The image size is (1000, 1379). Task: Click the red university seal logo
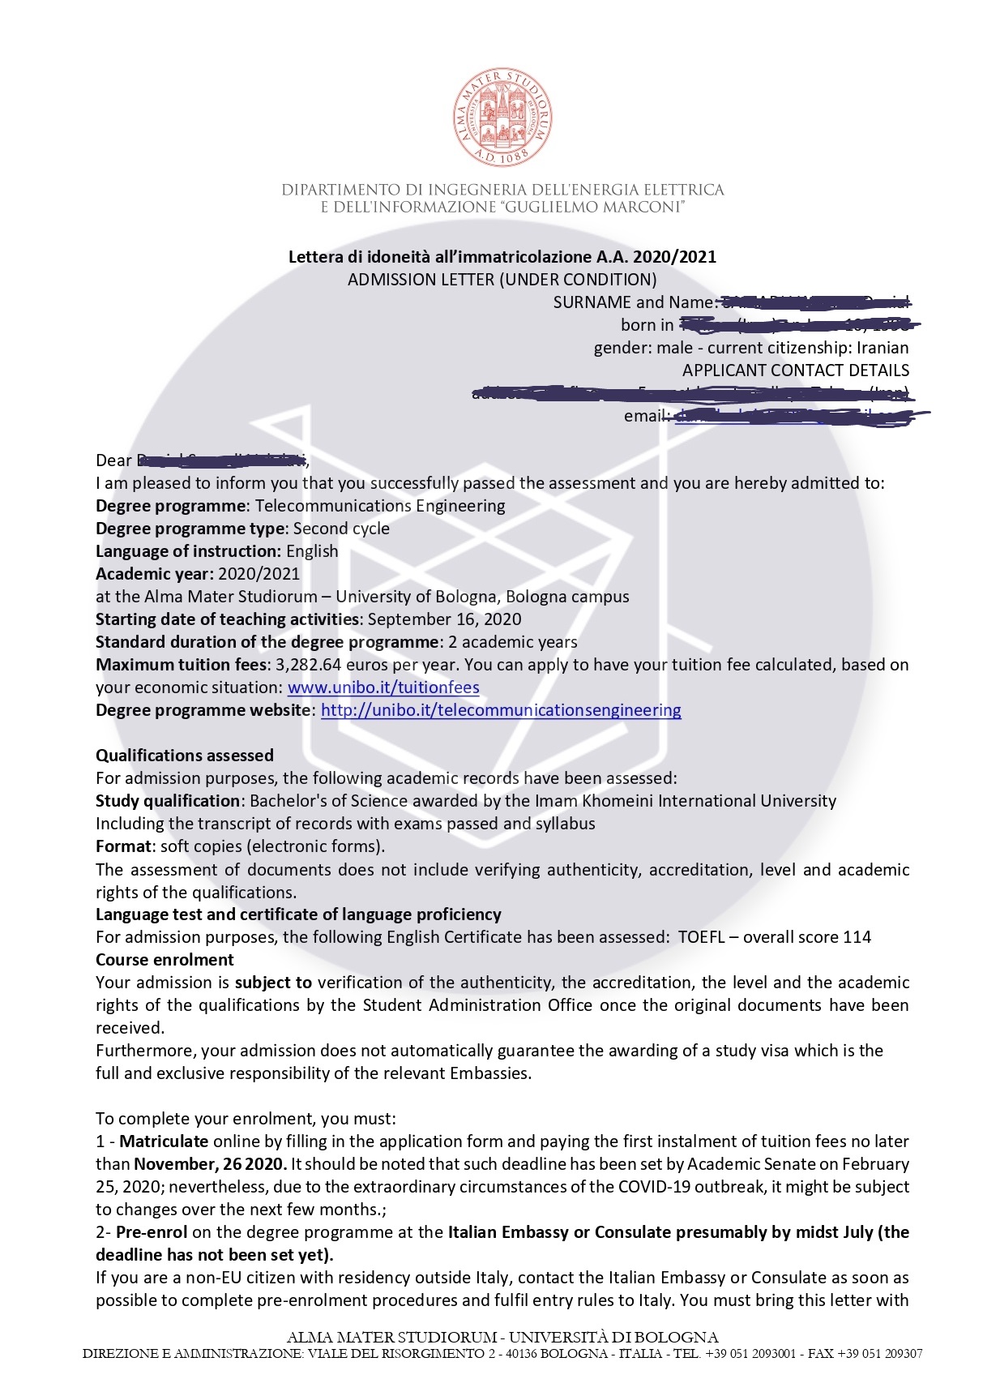502,118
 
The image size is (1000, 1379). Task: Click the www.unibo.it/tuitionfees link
383,687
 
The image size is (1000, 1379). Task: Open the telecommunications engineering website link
501,710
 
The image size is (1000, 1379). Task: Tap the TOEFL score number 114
857,937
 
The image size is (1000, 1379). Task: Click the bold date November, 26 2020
210,1164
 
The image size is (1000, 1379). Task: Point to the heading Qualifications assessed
185,756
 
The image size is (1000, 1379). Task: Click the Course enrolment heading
165,960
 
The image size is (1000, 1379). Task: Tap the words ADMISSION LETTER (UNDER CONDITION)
502,280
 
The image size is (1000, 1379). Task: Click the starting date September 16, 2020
444,619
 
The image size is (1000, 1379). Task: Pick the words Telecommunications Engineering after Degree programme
380,506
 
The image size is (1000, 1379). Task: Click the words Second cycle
341,529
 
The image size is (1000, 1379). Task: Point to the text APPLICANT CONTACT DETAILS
795,370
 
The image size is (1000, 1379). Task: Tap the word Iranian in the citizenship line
882,348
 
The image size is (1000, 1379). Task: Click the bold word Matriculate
164,1141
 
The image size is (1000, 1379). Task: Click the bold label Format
124,846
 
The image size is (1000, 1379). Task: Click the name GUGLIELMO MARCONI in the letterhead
594,208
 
